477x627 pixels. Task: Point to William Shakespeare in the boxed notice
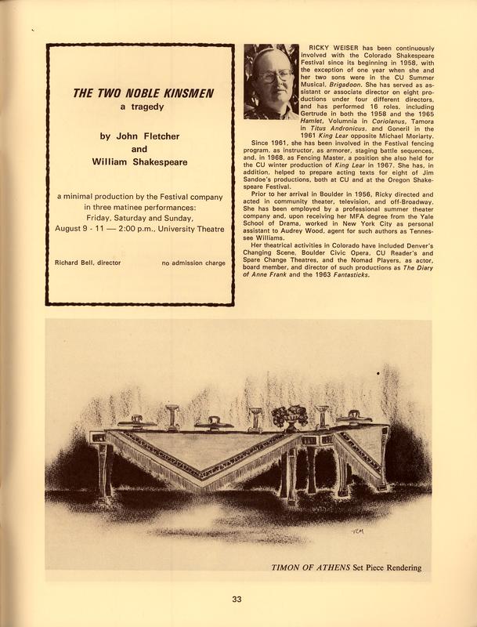pos(139,165)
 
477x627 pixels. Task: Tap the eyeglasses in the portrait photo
pos(271,76)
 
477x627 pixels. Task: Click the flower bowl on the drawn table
pos(289,415)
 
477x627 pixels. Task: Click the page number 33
pos(237,601)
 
